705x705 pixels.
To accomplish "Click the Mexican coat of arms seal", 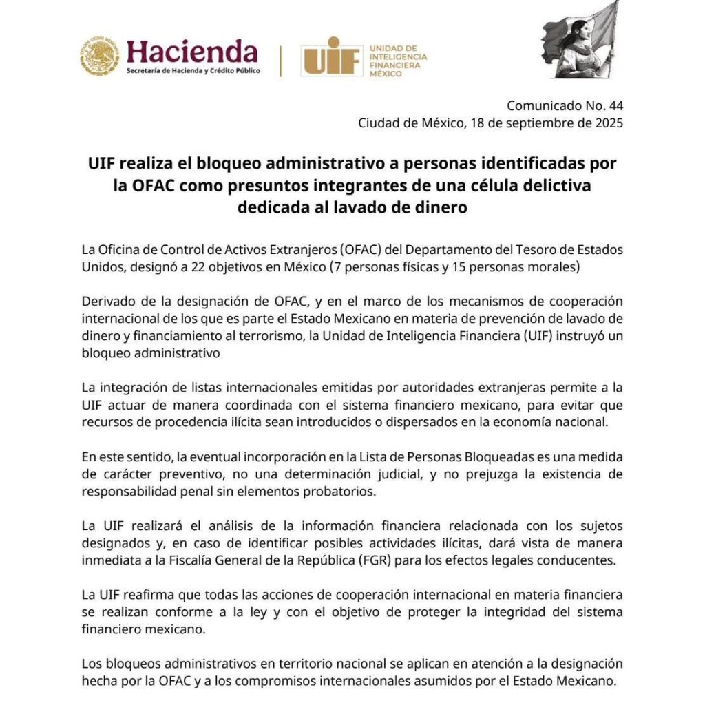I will point(100,56).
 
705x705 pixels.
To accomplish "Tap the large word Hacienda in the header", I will point(192,52).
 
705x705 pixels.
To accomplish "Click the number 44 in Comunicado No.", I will point(615,106).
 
